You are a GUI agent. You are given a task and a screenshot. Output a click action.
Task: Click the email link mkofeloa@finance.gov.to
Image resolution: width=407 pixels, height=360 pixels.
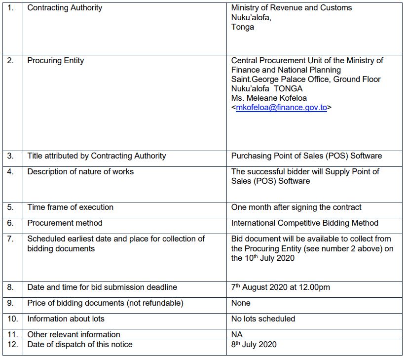tap(281, 108)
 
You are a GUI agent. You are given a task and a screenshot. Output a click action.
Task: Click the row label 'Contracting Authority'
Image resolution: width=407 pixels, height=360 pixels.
tap(65, 8)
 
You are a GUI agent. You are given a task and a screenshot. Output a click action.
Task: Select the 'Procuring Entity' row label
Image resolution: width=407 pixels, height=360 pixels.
tap(56, 61)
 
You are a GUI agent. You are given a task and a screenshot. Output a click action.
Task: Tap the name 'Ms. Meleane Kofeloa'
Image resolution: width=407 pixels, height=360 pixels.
tap(268, 98)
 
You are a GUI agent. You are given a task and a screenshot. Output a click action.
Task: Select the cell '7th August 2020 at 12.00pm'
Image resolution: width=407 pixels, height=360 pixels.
tap(280, 287)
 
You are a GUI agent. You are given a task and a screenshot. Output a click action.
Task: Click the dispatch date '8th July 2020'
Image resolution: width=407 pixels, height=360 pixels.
tap(254, 345)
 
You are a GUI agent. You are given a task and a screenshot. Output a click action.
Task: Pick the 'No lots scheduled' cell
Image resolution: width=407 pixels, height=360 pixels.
tap(263, 319)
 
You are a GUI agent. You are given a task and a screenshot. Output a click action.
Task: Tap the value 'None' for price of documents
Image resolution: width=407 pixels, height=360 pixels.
tap(241, 303)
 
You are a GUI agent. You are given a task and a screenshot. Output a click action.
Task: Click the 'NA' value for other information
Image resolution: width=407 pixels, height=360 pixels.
tap(237, 334)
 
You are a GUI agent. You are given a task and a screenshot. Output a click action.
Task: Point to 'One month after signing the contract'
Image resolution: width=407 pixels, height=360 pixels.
tap(296, 207)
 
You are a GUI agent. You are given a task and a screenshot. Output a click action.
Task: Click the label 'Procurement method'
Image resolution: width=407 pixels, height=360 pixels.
tap(65, 223)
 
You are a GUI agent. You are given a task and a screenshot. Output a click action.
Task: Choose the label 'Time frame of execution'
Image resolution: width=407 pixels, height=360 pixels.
tap(70, 207)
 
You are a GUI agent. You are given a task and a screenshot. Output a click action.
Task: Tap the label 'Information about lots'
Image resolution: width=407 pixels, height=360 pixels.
tap(66, 319)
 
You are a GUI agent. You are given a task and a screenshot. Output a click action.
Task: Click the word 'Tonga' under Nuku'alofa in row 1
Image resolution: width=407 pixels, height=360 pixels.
tap(243, 27)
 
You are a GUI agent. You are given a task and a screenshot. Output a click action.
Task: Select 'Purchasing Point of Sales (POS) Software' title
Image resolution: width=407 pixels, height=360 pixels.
tap(306, 156)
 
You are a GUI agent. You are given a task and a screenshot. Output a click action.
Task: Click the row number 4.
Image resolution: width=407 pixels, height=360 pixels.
tap(11, 172)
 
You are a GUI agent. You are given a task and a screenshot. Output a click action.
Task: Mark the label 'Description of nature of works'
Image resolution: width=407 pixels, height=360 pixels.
tap(80, 172)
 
